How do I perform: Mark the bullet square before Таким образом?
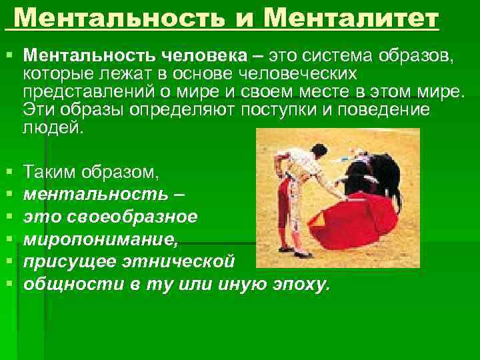9,173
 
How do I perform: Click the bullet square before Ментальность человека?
9,55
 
